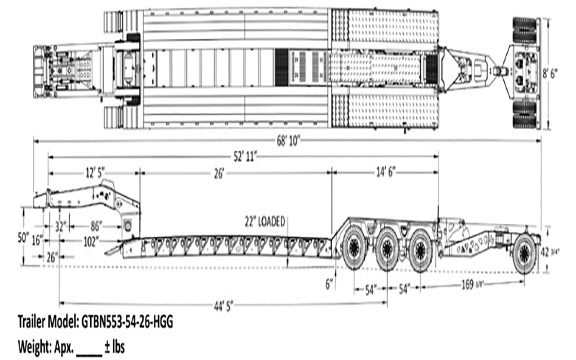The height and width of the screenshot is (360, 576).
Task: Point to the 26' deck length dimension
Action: click(220, 172)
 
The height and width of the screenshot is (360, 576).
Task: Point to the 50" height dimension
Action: click(23, 237)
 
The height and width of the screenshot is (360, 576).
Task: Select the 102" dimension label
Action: click(90, 242)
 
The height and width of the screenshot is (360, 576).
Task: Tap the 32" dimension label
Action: click(60, 225)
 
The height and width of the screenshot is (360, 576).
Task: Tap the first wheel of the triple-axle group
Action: click(354, 248)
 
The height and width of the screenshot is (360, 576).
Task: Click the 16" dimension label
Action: click(38, 241)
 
